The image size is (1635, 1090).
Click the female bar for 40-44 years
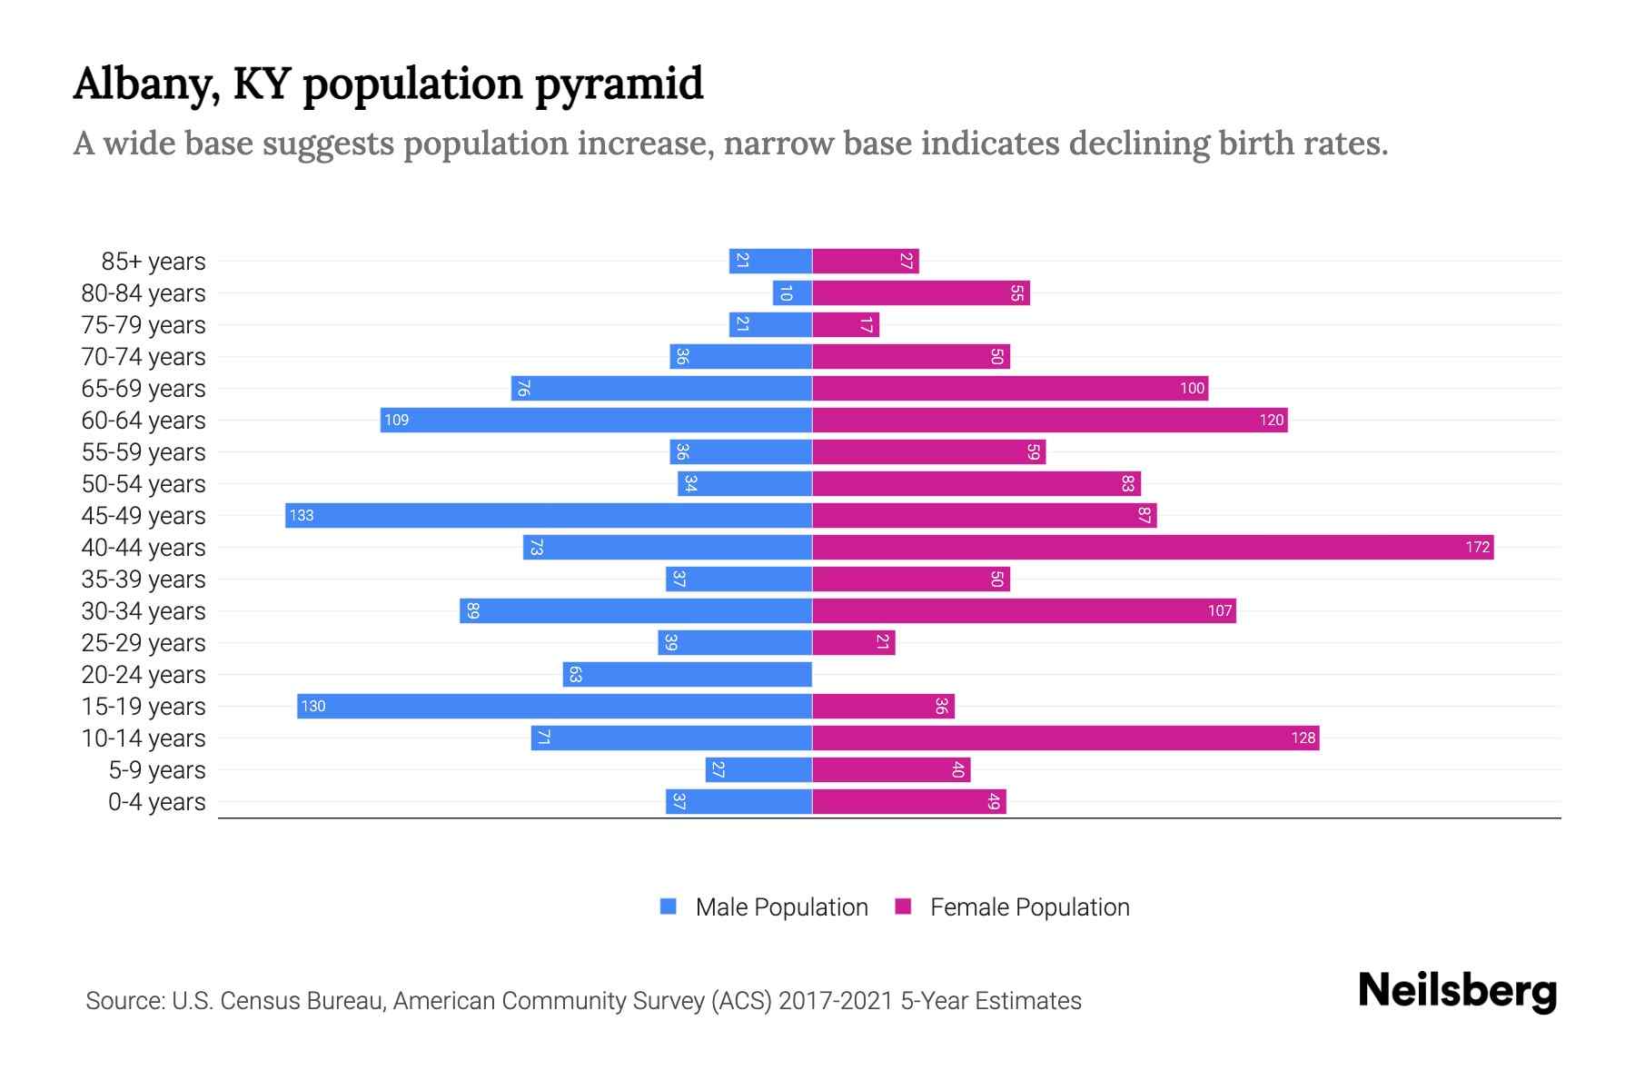click(x=1152, y=547)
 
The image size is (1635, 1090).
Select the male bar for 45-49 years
click(x=549, y=515)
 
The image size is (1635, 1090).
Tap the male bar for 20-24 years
click(x=687, y=674)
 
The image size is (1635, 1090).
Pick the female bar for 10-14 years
click(x=1065, y=738)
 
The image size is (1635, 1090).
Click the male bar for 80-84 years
click(x=792, y=292)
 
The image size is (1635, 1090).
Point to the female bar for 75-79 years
click(x=845, y=324)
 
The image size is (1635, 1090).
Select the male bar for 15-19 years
click(x=554, y=706)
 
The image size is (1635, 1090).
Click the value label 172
click(x=1477, y=547)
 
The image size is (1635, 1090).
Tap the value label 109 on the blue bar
click(x=396, y=420)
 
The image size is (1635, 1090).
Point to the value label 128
click(x=1303, y=738)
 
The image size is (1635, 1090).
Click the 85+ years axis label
click(x=153, y=262)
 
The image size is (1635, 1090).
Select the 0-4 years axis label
click(x=156, y=802)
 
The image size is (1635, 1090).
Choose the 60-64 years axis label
click(x=144, y=421)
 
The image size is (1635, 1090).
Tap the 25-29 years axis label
click(x=144, y=643)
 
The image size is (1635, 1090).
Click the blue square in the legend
click(x=669, y=907)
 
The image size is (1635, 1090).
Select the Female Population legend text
click(x=1029, y=907)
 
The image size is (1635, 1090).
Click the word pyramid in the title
click(x=618, y=84)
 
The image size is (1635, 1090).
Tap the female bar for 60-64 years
click(x=1049, y=420)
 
